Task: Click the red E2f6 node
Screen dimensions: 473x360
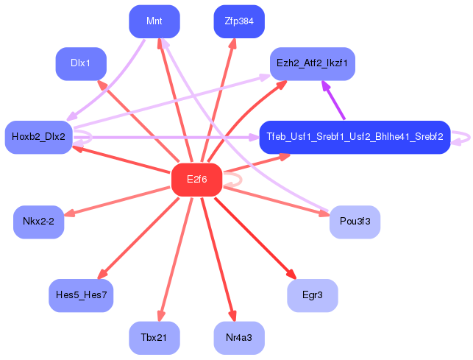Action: click(196, 180)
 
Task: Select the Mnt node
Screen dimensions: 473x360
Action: click(154, 21)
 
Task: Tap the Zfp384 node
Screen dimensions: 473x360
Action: click(239, 21)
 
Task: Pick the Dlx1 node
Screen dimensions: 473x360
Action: click(81, 64)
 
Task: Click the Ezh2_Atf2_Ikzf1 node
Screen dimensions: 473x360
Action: click(313, 64)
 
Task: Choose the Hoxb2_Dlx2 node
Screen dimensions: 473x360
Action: click(38, 138)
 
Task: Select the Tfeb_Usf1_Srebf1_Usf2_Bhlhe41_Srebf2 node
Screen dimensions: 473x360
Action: click(355, 138)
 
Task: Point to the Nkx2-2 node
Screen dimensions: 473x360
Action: click(38, 222)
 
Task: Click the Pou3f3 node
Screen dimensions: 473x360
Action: click(355, 222)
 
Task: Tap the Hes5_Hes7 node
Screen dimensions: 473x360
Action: click(81, 296)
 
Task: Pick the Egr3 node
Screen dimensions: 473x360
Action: click(313, 296)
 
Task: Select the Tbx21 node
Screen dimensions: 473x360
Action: click(154, 338)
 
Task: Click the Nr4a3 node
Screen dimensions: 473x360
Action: click(239, 338)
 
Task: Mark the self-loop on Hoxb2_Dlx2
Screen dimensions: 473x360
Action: click(91, 137)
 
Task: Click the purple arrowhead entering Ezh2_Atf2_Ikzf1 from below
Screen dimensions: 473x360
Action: click(326, 86)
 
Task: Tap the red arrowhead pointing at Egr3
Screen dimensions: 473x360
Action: click(292, 274)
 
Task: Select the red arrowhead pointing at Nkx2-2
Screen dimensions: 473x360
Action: click(69, 213)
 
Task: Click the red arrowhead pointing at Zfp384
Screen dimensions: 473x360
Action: click(232, 43)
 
